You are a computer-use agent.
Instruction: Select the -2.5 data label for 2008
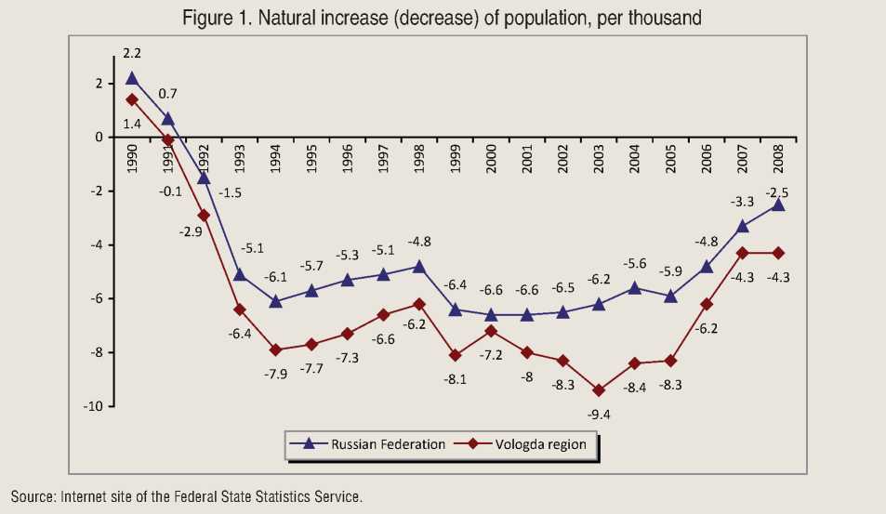778,192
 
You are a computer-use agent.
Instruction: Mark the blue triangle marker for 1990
132,79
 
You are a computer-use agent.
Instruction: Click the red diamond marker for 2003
600,390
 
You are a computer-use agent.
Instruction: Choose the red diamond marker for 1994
276,349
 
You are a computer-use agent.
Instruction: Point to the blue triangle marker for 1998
419,266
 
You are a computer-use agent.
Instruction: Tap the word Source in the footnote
33,496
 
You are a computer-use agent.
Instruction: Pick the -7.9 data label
276,374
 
